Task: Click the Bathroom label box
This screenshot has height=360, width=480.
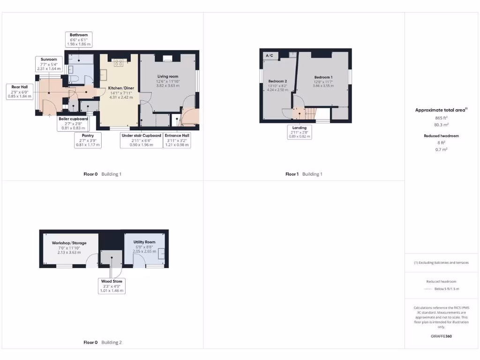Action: [x=79, y=39]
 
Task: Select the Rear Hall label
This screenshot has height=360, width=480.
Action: [x=20, y=91]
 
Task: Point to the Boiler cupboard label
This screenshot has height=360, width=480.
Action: [x=74, y=123]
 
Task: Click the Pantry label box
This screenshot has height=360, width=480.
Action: [x=88, y=140]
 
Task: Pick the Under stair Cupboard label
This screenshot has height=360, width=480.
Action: [x=141, y=140]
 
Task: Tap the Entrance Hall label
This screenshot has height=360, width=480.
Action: [x=177, y=140]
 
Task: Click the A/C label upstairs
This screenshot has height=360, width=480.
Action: [x=270, y=56]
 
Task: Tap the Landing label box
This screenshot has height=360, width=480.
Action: [x=299, y=132]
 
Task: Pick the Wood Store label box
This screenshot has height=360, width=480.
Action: [x=112, y=286]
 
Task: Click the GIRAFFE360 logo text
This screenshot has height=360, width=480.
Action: [x=442, y=336]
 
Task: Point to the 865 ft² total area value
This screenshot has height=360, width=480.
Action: [x=441, y=119]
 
